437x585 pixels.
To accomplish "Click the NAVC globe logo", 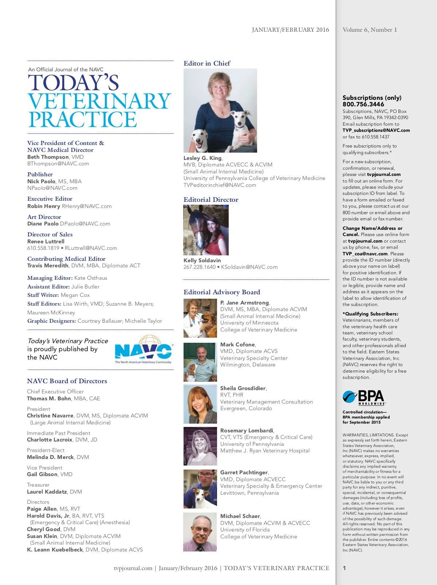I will tap(143, 349).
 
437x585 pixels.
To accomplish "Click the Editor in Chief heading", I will tap(207, 63).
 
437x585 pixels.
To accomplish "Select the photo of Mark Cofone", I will tap(200, 362).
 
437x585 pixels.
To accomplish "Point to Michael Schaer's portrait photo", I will tap(200, 532).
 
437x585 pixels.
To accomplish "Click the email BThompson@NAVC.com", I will tap(58, 164).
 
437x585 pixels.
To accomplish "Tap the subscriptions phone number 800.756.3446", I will tap(363, 104).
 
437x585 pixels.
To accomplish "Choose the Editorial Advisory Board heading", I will tap(222, 292).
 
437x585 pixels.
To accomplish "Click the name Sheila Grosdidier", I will tap(243, 388).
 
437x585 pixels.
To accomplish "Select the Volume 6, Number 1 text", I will tap(370, 30).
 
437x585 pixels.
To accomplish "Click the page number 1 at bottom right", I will tap(345, 568).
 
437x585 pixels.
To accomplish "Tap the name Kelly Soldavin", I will tap(202, 260).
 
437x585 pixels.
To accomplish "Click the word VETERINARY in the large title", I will tap(99, 101).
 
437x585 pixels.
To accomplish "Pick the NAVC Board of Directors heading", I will tap(67, 381).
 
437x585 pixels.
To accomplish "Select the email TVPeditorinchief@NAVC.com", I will tap(220, 185).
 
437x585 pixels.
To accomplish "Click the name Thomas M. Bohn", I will tap(49, 398).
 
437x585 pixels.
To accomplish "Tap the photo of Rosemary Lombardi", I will tap(200, 446).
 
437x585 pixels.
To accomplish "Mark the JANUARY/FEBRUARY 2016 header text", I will tap(290, 30).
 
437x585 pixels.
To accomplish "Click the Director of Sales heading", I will tap(50, 235).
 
